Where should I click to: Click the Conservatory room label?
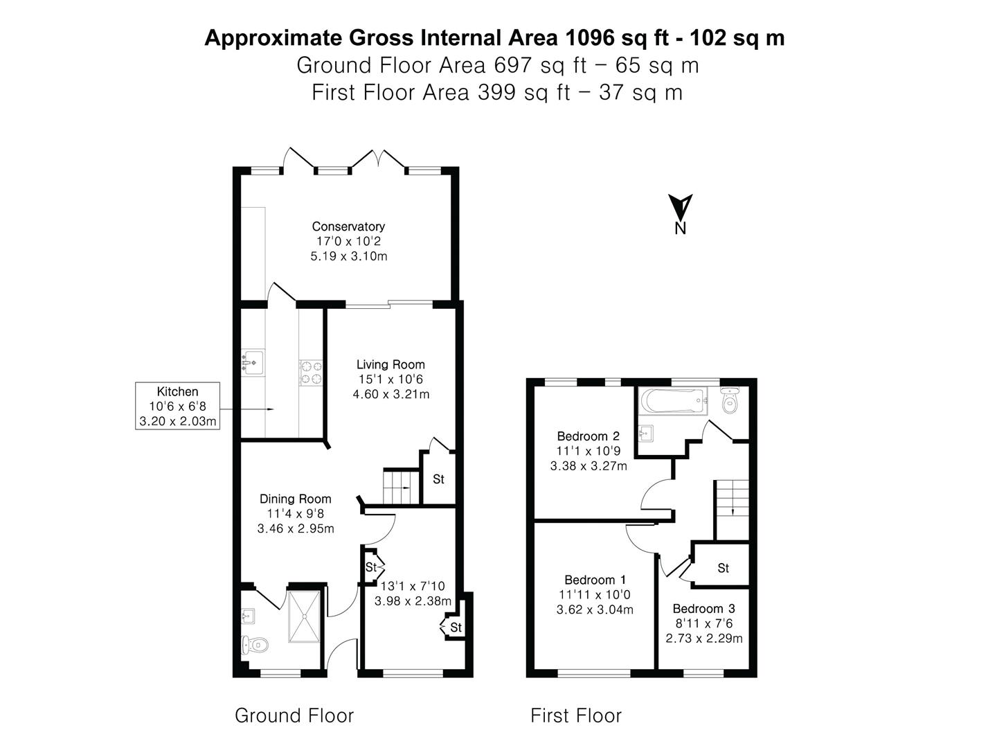coord(348,226)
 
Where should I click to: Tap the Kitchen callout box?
coord(178,406)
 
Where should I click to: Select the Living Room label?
coord(390,364)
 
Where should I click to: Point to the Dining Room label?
coord(295,499)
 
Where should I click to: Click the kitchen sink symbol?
coord(253,362)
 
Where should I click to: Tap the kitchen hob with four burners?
coord(311,373)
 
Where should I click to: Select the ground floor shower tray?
coord(304,616)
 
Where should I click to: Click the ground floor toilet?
coord(255,644)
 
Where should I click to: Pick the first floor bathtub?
coord(673,401)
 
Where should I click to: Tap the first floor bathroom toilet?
coord(730,400)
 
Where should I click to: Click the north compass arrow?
coord(680,207)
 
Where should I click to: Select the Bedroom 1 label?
coord(595,580)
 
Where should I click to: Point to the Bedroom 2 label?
coord(589,436)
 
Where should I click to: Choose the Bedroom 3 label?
coord(703,608)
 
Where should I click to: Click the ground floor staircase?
coord(401,488)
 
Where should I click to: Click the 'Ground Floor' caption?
coord(294,715)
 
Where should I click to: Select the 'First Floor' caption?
coord(576,715)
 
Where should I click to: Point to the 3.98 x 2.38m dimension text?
coord(413,601)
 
